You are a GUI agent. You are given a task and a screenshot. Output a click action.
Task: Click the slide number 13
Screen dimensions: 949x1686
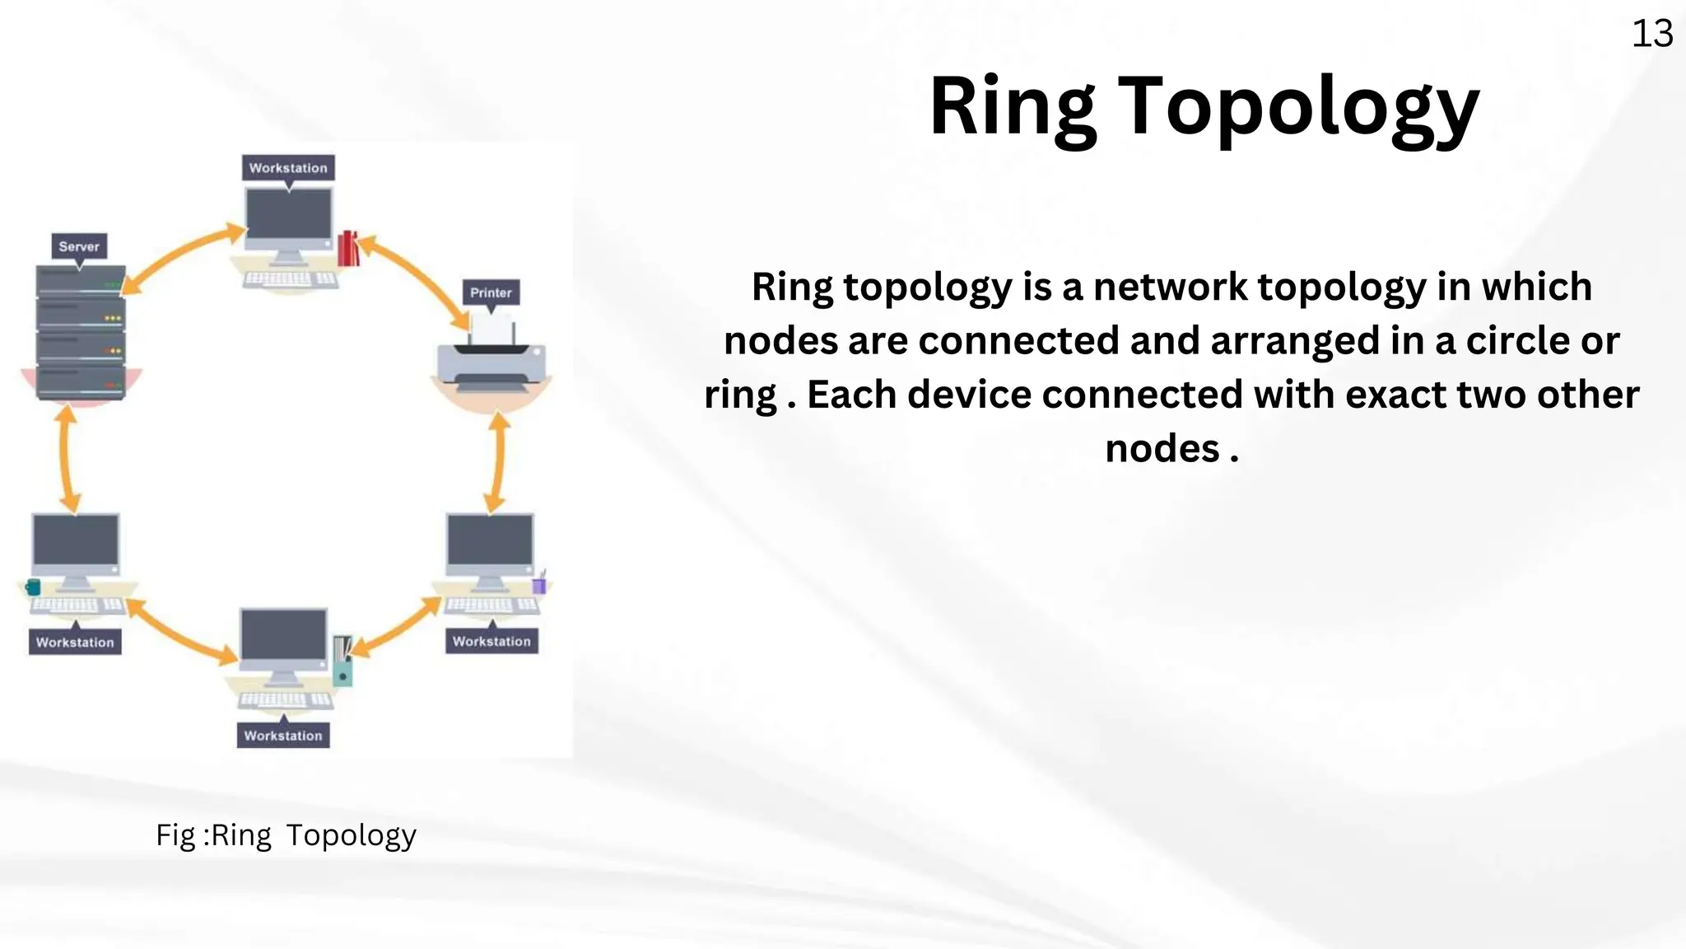tap(1651, 35)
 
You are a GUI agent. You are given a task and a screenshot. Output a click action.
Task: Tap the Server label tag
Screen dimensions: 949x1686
tap(79, 246)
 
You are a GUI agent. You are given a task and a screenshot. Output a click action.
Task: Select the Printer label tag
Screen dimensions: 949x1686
tap(491, 292)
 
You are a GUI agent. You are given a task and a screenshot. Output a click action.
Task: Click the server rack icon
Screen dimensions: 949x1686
tap(81, 333)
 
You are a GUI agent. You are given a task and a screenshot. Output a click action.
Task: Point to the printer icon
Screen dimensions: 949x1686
tap(491, 362)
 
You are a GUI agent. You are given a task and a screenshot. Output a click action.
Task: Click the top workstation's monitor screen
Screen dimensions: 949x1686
tap(289, 215)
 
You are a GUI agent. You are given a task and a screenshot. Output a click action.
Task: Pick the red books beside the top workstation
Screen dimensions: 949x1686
tap(349, 247)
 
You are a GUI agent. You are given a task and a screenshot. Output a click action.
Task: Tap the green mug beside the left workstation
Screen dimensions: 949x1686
tap(33, 587)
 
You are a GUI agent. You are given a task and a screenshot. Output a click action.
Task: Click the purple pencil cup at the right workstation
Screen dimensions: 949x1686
tap(539, 585)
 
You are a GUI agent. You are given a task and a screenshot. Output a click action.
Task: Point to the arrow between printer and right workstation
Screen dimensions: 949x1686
tap(497, 462)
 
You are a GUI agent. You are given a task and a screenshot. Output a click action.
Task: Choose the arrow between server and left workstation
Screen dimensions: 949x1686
tap(68, 459)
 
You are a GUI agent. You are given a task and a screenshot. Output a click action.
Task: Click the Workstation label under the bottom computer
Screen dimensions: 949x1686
tap(283, 736)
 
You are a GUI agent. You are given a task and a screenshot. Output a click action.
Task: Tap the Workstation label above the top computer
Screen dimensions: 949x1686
tap(288, 168)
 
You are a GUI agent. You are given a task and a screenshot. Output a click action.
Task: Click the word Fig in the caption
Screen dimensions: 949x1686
tap(175, 835)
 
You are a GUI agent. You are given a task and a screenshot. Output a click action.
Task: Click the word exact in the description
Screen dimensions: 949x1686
tap(1395, 395)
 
